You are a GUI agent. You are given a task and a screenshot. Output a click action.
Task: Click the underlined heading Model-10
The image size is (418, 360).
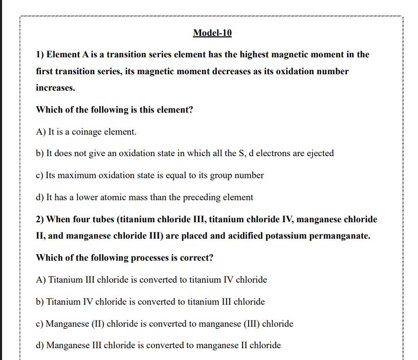pyautogui.click(x=212, y=33)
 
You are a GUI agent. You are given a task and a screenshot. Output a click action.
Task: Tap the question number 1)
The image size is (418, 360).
pyautogui.click(x=41, y=54)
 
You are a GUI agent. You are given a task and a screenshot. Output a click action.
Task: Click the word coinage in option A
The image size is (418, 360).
pyautogui.click(x=87, y=132)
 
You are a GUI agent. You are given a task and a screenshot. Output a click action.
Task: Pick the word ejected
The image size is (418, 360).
pyautogui.click(x=319, y=153)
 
